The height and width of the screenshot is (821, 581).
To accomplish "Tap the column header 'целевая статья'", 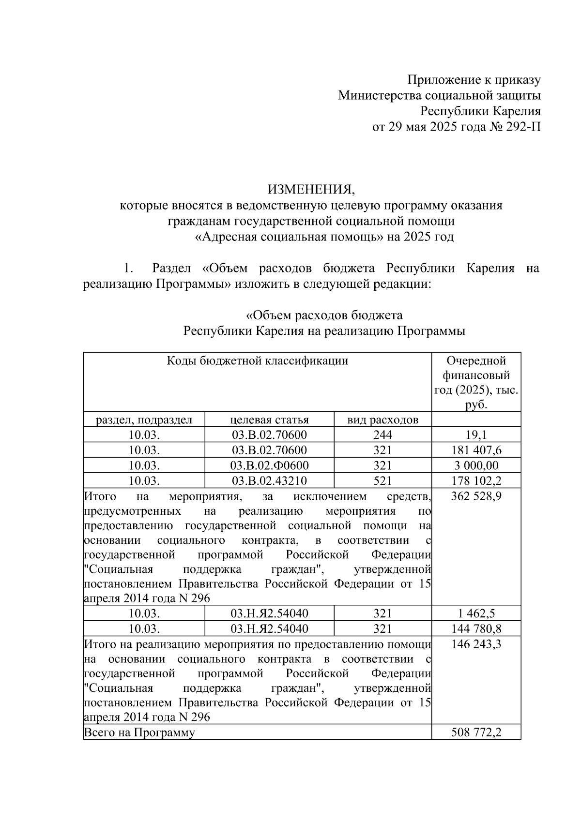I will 269,419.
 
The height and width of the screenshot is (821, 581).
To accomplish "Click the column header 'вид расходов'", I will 382,419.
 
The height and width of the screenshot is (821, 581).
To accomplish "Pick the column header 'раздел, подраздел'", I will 144,419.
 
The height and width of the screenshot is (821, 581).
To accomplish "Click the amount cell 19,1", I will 476,435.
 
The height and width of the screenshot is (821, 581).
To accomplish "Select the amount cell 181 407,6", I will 476,450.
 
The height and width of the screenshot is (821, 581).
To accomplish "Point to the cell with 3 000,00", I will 476,466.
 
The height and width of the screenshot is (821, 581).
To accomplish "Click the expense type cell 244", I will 382,435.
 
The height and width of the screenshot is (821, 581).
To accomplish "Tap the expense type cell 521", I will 382,481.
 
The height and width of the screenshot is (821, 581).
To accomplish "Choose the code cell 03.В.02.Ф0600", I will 269,466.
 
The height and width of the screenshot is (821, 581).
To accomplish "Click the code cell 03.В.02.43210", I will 269,481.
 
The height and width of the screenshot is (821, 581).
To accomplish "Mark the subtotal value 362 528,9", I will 476,497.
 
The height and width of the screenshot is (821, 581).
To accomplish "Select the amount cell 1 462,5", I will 476,614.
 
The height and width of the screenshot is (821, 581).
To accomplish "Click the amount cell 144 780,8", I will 476,629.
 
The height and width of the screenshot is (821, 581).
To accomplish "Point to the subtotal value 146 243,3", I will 476,645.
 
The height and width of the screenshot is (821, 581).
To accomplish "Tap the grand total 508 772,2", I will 476,732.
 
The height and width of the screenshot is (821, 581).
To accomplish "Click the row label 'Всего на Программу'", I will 139,732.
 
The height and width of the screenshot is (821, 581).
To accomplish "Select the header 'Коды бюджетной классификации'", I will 257,361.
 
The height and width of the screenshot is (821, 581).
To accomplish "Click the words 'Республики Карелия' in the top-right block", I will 480,111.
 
